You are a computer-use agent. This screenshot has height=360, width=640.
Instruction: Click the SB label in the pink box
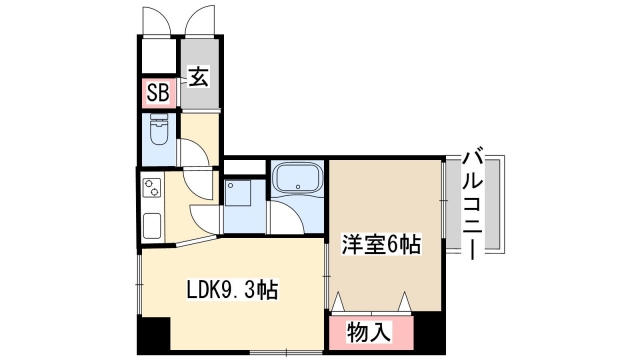pyautogui.click(x=158, y=94)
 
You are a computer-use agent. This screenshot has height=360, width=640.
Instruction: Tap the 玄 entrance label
pyautogui.click(x=198, y=75)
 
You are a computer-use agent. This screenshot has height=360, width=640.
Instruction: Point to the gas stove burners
pyautogui.click(x=152, y=188)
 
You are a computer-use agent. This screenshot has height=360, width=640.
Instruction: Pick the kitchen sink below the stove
pyautogui.click(x=152, y=225)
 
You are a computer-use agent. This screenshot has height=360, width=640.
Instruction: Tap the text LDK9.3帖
pyautogui.click(x=233, y=291)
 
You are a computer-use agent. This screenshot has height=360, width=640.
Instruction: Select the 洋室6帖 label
pyautogui.click(x=381, y=243)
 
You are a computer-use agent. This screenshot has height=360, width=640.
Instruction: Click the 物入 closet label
pyautogui.click(x=368, y=331)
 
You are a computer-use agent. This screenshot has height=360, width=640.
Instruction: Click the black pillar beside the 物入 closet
pyautogui.click(x=428, y=330)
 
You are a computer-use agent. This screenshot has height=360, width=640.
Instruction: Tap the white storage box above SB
pyautogui.click(x=159, y=56)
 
